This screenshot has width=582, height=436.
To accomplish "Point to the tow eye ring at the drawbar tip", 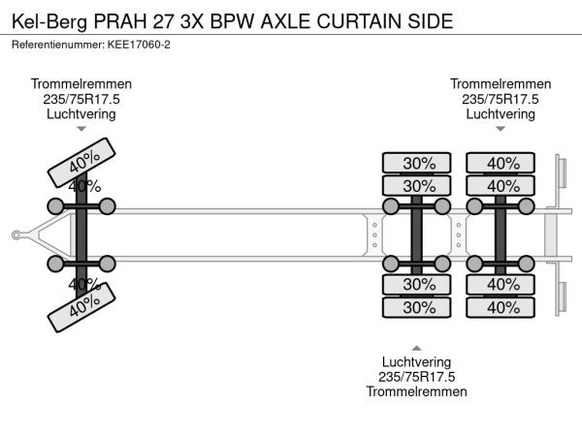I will click(x=16, y=234).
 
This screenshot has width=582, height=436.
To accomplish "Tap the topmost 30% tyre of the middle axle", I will click(x=418, y=163).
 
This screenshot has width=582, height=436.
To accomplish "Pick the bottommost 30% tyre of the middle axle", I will click(x=418, y=307).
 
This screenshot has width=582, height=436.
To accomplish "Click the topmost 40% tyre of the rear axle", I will click(x=501, y=163).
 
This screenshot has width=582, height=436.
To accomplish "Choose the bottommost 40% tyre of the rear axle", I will click(x=501, y=307).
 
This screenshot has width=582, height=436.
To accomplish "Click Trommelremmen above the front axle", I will click(x=81, y=83).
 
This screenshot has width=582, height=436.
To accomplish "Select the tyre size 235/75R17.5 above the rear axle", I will click(x=501, y=99).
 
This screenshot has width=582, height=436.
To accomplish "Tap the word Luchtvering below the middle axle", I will click(x=417, y=361).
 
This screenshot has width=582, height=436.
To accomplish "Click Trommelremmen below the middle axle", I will click(x=417, y=391).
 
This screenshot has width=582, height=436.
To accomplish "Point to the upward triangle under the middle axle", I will click(x=417, y=347).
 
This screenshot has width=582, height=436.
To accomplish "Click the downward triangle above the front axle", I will click(x=81, y=129).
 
